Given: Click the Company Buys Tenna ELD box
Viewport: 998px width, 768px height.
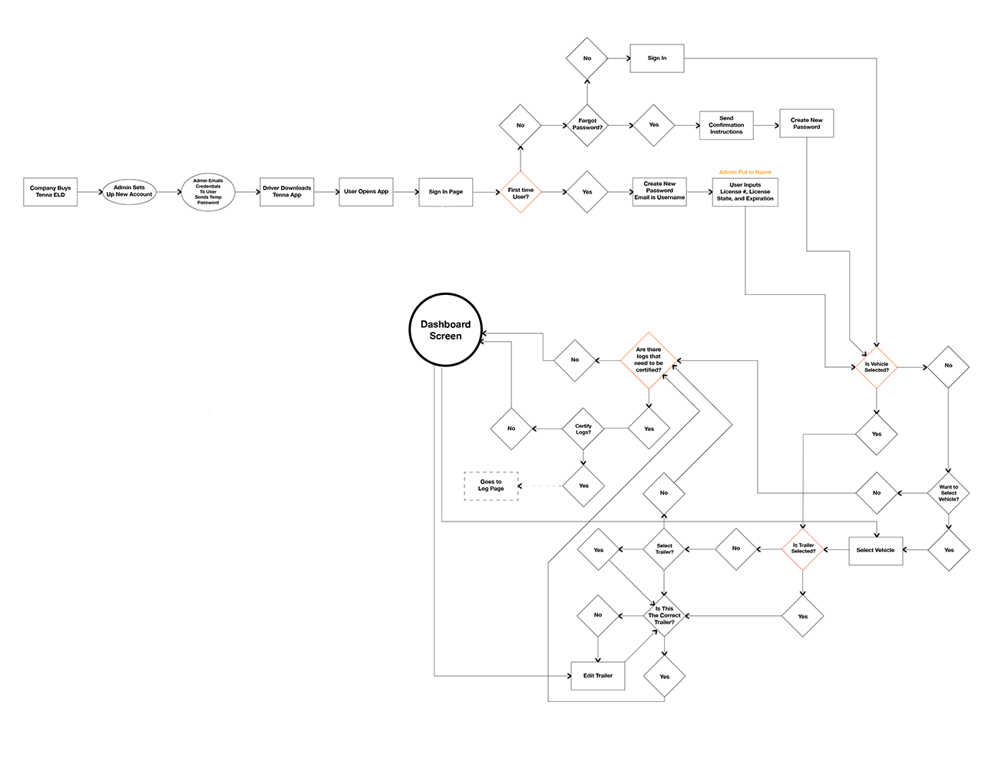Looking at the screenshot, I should coord(50,191).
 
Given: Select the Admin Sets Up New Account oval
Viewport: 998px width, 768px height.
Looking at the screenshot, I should coord(129,191).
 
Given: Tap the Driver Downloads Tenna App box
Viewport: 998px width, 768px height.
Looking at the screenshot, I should coord(287,191).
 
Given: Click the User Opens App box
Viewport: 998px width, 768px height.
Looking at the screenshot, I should coord(366,191).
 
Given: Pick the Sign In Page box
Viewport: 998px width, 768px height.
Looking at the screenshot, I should coord(445,191).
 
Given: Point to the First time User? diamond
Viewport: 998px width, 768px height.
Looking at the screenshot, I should coord(520,192).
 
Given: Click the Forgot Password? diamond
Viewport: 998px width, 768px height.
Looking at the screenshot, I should coord(587,124).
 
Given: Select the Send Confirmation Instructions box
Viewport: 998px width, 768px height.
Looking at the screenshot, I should coord(726,125).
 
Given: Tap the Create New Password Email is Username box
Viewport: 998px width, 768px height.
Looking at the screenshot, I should coord(659,191).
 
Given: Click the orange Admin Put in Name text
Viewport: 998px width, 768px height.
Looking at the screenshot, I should coord(745,172).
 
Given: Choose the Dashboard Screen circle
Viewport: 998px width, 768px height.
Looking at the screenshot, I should coord(445,330).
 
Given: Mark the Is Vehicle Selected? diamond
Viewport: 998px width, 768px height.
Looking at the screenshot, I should coord(876,367).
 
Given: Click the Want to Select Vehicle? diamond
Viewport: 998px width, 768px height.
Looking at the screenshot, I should coord(948,493).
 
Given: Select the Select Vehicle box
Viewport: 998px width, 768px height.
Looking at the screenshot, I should coord(875,550).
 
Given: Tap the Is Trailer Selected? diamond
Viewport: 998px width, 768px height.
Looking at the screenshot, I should coord(803,548).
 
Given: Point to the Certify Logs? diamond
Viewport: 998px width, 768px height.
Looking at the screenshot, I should coord(583,429).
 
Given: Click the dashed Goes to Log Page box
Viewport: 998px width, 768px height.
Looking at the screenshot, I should coord(491,485).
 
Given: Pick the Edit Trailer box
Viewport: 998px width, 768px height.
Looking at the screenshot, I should coord(598,676).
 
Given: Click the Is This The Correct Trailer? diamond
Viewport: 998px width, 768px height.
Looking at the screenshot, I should coord(664,615).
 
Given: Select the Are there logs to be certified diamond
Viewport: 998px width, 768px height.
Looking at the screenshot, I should coord(649,359).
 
